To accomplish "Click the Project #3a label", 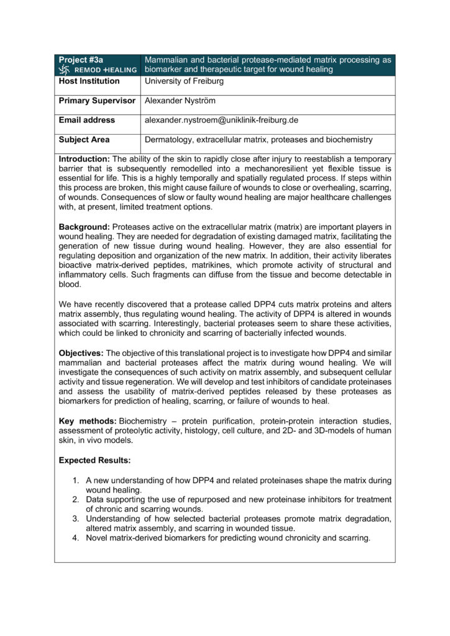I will (81, 60).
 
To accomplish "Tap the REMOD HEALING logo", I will (97, 70).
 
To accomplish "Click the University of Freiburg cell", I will (184, 81).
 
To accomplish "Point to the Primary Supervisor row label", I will (97, 101).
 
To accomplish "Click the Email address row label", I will (86, 120).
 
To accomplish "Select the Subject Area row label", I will (85, 140).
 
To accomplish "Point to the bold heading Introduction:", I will (85, 160).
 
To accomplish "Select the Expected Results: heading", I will (95, 460).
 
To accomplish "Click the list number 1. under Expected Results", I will (76, 481).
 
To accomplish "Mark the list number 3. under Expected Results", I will (76, 519).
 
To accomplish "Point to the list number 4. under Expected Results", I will (76, 538).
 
